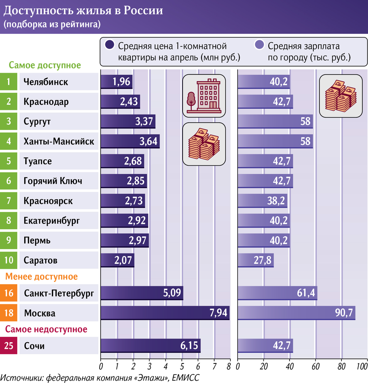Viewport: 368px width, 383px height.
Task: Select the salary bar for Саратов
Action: pyautogui.click(x=256, y=261)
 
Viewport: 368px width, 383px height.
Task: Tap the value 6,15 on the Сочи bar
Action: pyautogui.click(x=189, y=346)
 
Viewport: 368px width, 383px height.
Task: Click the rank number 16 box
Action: pyautogui.click(x=8, y=293)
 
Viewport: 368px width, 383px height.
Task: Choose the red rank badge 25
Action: pyautogui.click(x=8, y=346)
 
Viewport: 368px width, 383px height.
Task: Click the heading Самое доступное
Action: pyautogui.click(x=45, y=65)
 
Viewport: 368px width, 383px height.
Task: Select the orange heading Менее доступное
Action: pyautogui.click(x=41, y=276)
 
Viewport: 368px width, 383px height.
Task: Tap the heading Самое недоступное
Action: pyautogui.click(x=46, y=329)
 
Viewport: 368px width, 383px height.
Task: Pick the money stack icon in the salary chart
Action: pyautogui.click(x=341, y=96)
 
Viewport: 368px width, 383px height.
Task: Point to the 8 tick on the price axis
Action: pyautogui.click(x=229, y=365)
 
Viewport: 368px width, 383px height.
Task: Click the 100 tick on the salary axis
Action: pyautogui.click(x=362, y=365)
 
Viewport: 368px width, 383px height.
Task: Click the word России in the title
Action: pyautogui.click(x=143, y=11)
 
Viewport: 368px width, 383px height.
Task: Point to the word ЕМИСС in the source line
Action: pyautogui.click(x=186, y=377)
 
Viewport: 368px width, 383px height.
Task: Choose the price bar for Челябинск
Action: pyautogui.click(x=116, y=82)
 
